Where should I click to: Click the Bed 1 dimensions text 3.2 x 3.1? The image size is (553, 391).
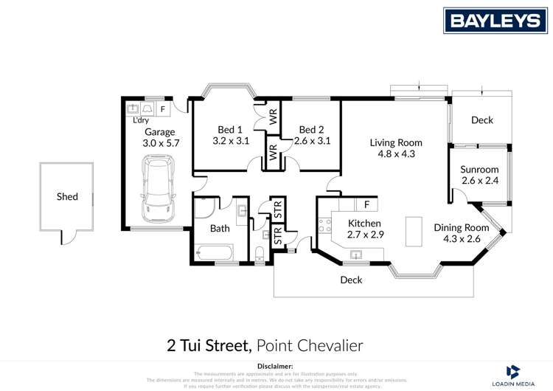pos(232,140)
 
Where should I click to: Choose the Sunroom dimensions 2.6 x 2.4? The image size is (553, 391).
pos(479,181)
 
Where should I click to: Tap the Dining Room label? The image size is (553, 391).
pos(461,227)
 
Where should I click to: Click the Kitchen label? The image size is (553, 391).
pos(364,224)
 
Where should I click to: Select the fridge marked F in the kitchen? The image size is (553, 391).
pos(366,204)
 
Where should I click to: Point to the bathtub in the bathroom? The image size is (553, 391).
pos(215,254)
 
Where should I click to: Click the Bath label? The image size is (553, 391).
pos(220,229)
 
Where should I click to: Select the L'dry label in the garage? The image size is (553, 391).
pos(140,120)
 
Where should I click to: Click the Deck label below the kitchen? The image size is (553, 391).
pos(351,280)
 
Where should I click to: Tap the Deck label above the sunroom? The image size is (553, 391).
pos(481,120)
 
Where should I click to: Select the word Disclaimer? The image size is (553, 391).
pos(276,366)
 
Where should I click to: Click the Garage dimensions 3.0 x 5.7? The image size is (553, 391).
pos(159,144)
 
